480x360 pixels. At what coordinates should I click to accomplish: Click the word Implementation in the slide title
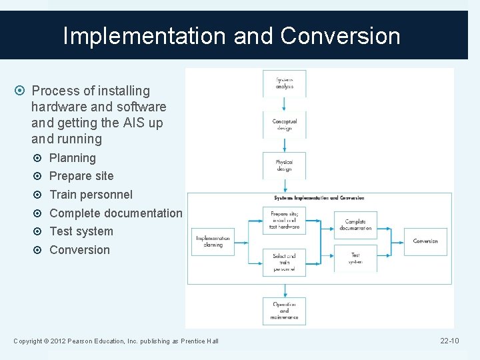point(145,36)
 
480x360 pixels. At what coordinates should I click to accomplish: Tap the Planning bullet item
point(73,158)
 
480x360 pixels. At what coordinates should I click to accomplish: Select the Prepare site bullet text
point(81,176)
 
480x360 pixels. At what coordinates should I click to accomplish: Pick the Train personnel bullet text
point(91,195)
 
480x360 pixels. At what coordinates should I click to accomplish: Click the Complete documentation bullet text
point(115,213)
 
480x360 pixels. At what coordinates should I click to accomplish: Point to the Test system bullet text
point(81,231)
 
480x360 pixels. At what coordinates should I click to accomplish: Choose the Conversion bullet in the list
point(79,250)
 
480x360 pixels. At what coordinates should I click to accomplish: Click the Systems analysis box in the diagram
point(284,83)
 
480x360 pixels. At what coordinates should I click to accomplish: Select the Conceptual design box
point(284,125)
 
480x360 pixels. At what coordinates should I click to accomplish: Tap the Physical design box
point(284,165)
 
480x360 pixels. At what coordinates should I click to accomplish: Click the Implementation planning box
point(213,241)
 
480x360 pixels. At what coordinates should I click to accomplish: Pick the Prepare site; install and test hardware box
point(285,220)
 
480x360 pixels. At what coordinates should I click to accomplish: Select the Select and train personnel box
point(285,261)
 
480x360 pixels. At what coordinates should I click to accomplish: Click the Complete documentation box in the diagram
point(355,225)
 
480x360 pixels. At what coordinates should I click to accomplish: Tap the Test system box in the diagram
point(355,258)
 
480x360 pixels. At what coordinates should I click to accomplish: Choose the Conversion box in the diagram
point(425,241)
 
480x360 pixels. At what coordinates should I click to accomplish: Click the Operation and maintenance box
point(284,310)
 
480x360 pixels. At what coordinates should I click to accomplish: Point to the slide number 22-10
point(449,341)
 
